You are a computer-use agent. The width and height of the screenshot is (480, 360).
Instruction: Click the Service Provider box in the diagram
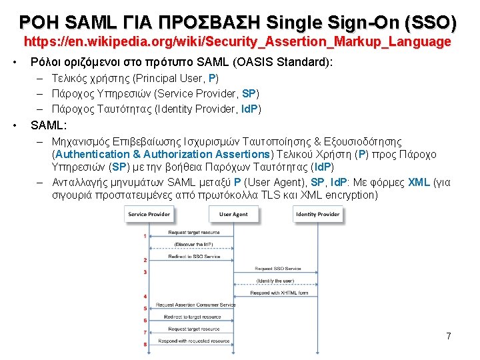click(x=149, y=214)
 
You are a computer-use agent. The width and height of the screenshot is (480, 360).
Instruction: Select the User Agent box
click(x=233, y=214)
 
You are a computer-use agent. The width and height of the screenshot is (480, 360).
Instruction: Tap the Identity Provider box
click(x=317, y=214)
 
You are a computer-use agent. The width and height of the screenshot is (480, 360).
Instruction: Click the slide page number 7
click(x=449, y=336)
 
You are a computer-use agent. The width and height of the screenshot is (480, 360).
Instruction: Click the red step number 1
click(x=145, y=235)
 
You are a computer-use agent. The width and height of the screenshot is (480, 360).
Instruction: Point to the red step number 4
click(x=145, y=296)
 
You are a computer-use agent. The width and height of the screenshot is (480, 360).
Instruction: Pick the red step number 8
click(x=145, y=344)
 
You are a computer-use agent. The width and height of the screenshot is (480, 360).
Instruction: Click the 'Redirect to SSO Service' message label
click(x=194, y=257)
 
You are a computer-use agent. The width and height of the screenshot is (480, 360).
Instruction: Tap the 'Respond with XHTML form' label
click(x=279, y=293)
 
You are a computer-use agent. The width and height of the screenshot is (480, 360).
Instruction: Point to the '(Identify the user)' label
click(x=274, y=281)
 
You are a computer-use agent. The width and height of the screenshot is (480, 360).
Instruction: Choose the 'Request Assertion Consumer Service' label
click(x=195, y=305)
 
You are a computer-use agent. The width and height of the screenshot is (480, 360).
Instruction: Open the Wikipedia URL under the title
click(x=237, y=42)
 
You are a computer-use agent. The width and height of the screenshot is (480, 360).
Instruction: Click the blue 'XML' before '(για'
click(x=419, y=182)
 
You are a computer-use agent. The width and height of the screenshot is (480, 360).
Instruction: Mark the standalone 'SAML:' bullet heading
click(x=48, y=125)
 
